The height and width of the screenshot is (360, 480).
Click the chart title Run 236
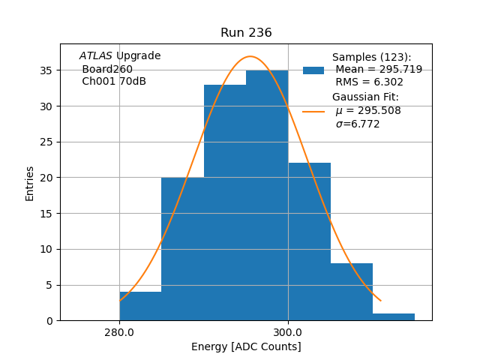[246, 33]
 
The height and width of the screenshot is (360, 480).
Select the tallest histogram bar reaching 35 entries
[267, 195]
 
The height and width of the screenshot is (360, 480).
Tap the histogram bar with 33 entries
[225, 202]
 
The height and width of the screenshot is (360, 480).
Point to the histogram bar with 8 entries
[352, 292]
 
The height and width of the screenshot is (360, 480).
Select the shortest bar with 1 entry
[394, 316]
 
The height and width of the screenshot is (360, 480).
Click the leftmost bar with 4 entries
[140, 306]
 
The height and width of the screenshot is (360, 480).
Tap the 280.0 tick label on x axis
[119, 332]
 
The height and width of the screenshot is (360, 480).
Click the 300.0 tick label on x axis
[288, 332]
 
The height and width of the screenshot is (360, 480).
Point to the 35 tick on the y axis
[46, 70]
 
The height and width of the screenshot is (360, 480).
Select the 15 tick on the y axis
[46, 214]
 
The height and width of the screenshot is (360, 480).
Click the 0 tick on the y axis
[49, 321]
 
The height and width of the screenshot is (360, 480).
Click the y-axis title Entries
[30, 183]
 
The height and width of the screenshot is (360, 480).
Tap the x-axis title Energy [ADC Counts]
[246, 346]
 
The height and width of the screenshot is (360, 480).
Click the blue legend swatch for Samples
[313, 70]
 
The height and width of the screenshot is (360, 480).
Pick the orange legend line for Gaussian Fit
[313, 111]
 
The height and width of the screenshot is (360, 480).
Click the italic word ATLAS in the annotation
[95, 56]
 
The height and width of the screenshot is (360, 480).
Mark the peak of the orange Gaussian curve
[250, 56]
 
